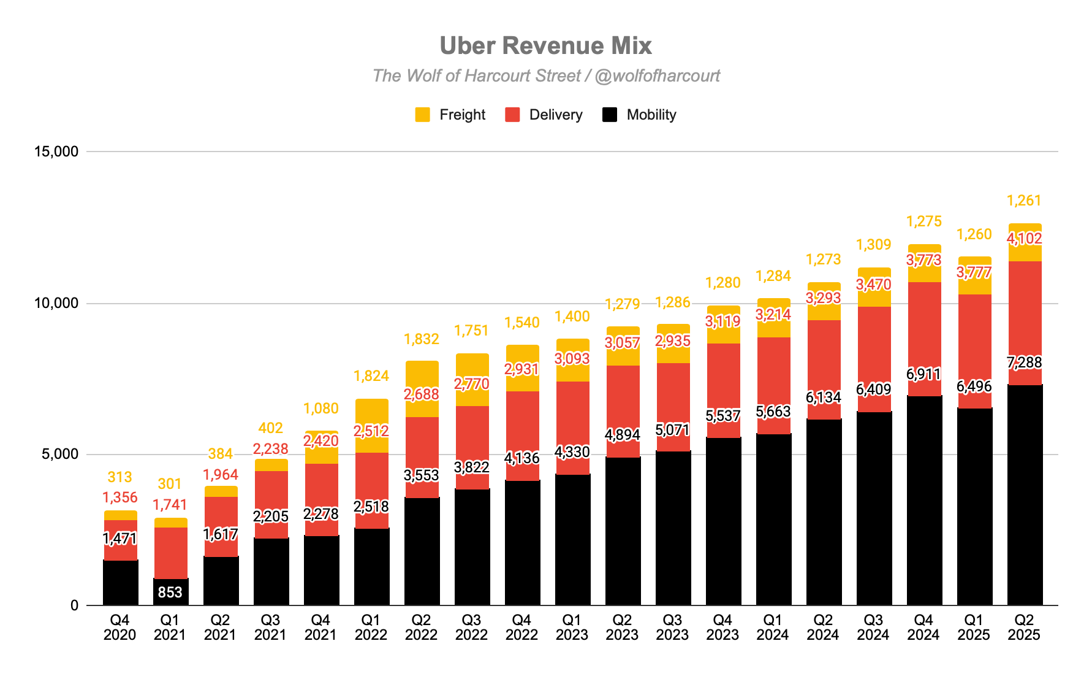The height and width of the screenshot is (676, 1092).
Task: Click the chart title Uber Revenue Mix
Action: click(545, 46)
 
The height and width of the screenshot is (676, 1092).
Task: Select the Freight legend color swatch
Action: click(422, 115)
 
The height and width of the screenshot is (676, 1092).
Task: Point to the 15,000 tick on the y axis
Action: click(56, 152)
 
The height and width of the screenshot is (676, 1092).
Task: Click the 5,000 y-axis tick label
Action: click(60, 455)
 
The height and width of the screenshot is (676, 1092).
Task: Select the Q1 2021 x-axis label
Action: click(170, 628)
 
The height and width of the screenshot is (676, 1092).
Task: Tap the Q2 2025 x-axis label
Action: click(1024, 628)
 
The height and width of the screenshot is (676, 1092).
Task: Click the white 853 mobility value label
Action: click(170, 592)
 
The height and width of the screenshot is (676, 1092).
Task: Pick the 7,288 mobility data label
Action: click(1024, 363)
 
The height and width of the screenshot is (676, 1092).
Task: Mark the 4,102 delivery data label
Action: click(1024, 238)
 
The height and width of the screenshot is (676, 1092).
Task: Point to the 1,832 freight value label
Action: click(422, 339)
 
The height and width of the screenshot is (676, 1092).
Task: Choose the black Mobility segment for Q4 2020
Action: click(121, 583)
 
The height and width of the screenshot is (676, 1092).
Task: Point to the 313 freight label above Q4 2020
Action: click(119, 477)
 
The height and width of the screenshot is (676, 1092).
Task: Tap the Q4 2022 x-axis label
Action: click(521, 628)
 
